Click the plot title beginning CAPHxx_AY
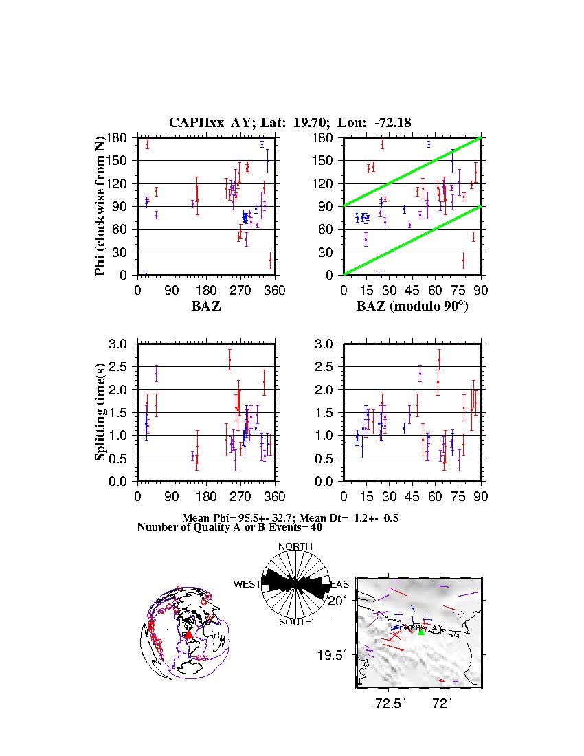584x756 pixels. (290, 122)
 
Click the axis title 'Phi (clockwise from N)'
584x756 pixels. (100, 206)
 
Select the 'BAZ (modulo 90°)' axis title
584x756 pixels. (412, 307)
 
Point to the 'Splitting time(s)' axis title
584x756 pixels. (100, 412)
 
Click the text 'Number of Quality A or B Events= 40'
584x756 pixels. (226, 527)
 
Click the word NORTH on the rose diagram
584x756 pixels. (295, 546)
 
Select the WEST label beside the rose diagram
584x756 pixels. (247, 584)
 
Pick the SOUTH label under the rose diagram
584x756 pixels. (295, 622)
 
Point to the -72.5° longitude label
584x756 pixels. (388, 703)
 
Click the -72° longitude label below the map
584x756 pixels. (440, 703)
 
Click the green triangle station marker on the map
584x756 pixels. (421, 632)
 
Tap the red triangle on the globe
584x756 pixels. (188, 635)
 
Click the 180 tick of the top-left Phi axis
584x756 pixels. (121, 137)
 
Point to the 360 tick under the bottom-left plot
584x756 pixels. (276, 496)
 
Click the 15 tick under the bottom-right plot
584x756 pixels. (366, 496)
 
